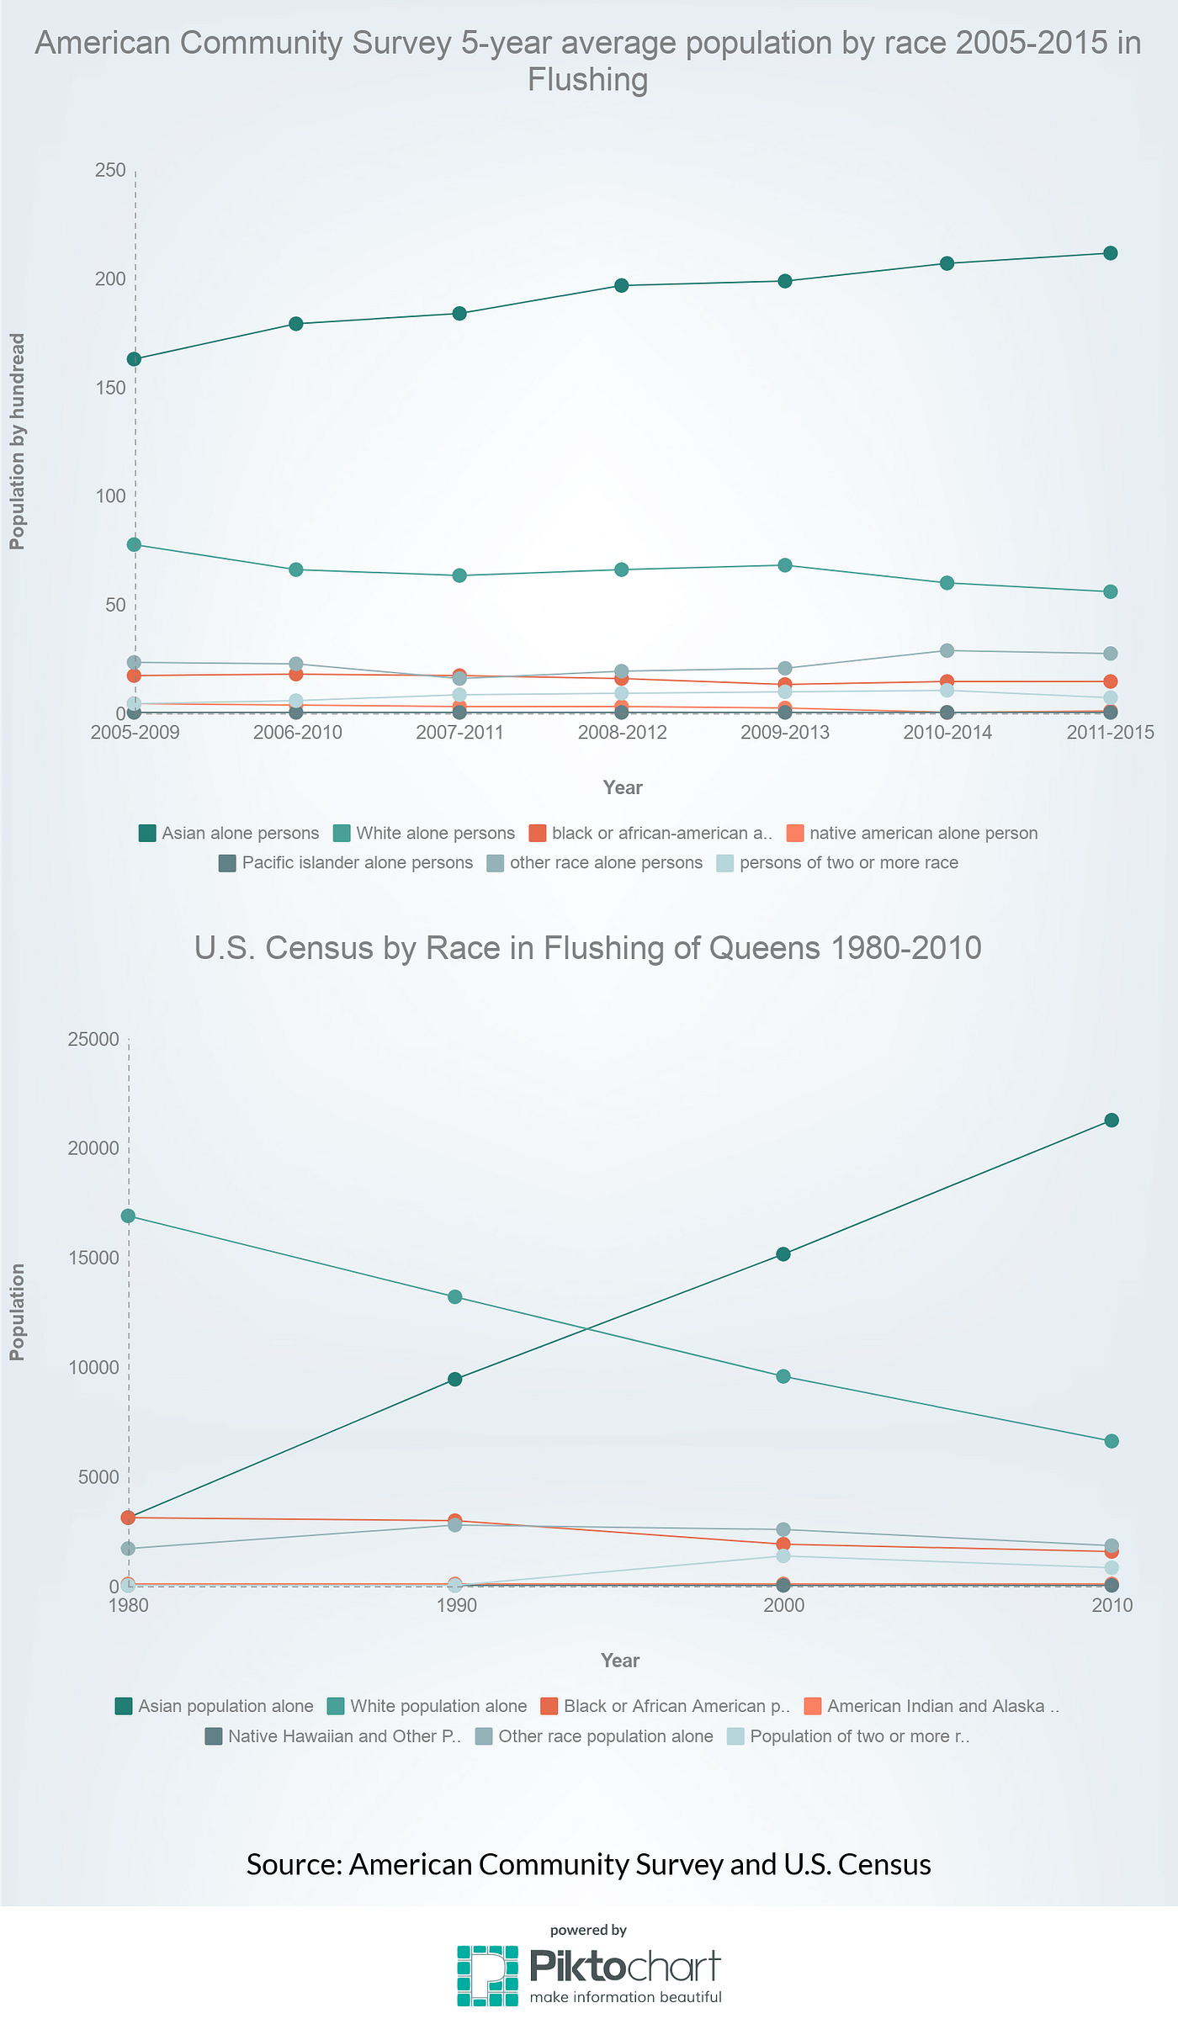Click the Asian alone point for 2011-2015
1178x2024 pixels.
point(1110,253)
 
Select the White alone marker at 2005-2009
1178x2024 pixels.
point(134,544)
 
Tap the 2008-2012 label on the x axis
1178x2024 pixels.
point(622,733)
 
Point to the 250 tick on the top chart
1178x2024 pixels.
point(110,171)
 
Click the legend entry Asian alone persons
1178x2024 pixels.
point(229,833)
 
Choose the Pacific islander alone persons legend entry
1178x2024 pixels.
point(346,862)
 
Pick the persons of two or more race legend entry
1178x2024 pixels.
point(837,862)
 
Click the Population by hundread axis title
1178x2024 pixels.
point(18,442)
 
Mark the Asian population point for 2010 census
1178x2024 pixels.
point(1111,1120)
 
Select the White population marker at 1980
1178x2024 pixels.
point(128,1216)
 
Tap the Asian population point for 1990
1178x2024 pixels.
point(454,1379)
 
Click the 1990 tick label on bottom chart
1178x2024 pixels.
point(456,1605)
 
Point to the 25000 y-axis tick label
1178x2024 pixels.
point(93,1040)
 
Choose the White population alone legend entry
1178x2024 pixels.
point(427,1706)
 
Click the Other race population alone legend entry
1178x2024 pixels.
point(594,1736)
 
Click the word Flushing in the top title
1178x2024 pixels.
point(587,80)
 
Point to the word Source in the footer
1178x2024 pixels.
point(293,1864)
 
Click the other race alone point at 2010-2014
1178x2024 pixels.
point(947,650)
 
